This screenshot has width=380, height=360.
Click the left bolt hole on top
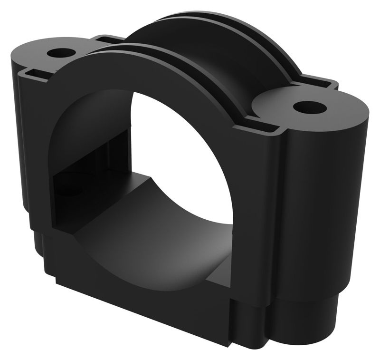pyautogui.click(x=61, y=51)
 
